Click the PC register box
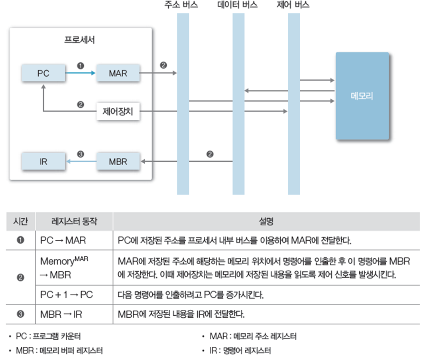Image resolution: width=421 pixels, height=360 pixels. click(43, 73)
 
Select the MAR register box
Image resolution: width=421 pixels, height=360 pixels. click(118, 73)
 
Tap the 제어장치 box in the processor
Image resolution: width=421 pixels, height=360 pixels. click(118, 112)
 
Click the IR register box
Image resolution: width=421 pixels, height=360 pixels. click(43, 162)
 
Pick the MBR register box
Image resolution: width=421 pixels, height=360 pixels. click(118, 162)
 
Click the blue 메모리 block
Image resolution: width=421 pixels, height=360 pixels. click(362, 96)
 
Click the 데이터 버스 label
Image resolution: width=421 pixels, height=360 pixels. click(238, 6)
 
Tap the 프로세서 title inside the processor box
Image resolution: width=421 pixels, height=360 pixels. click(80, 40)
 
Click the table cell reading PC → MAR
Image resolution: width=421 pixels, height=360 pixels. click(63, 241)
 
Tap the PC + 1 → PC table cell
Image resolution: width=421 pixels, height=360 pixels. click(67, 295)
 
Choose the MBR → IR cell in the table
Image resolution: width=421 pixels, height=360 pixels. click(61, 314)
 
